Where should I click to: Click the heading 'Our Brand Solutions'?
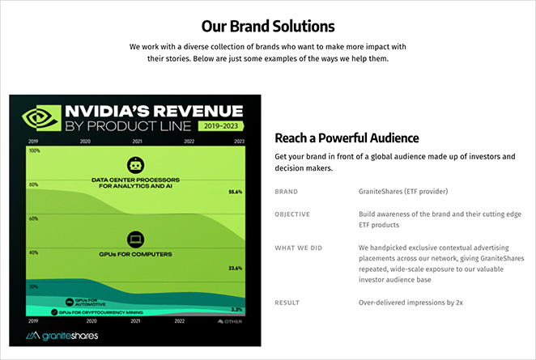point(267,26)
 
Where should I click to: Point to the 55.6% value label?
point(236,192)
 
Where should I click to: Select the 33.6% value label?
point(236,268)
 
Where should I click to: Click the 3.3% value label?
point(236,310)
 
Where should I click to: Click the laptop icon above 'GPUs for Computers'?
point(134,239)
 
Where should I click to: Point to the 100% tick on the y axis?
point(33,150)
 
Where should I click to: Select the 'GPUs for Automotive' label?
point(87,302)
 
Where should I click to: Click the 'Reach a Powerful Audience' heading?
point(347,138)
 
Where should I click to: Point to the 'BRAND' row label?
point(287,192)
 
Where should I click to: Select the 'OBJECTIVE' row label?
point(293,214)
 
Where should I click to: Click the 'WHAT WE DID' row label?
point(298,247)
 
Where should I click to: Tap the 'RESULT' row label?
point(288,303)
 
